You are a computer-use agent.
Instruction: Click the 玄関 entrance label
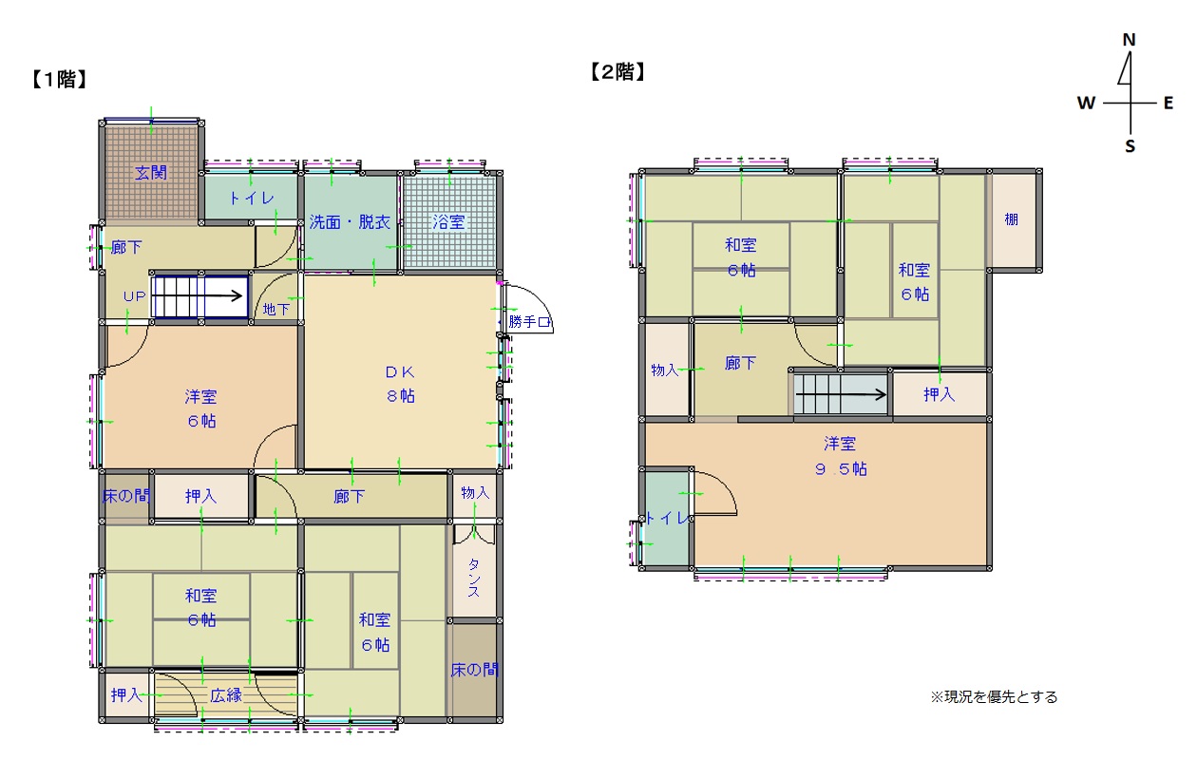tap(151, 173)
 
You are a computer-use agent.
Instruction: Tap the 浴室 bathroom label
tap(448, 221)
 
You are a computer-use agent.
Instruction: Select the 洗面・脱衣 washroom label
tap(350, 221)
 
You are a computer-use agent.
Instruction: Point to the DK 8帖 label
tap(400, 384)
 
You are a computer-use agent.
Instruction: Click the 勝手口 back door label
tap(529, 322)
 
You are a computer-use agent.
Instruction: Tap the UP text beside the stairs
tap(134, 296)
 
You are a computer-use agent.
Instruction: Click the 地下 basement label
tap(276, 309)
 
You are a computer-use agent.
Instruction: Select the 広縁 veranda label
tap(226, 695)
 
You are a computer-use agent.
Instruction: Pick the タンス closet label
tap(474, 578)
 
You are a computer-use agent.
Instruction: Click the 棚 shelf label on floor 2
tap(1011, 219)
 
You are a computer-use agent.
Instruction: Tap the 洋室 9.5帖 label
tap(841, 456)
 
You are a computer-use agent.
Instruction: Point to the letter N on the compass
tap(1129, 40)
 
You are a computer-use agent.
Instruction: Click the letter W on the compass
tap(1086, 103)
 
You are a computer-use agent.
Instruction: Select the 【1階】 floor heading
tap(59, 79)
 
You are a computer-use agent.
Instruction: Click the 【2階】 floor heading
tap(617, 71)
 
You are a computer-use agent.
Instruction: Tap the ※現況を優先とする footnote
tap(994, 697)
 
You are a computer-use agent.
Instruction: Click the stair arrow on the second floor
tap(841, 395)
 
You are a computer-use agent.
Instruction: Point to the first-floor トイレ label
tap(251, 199)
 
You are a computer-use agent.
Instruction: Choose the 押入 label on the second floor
tap(939, 394)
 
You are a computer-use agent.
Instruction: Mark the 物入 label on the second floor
tap(664, 370)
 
